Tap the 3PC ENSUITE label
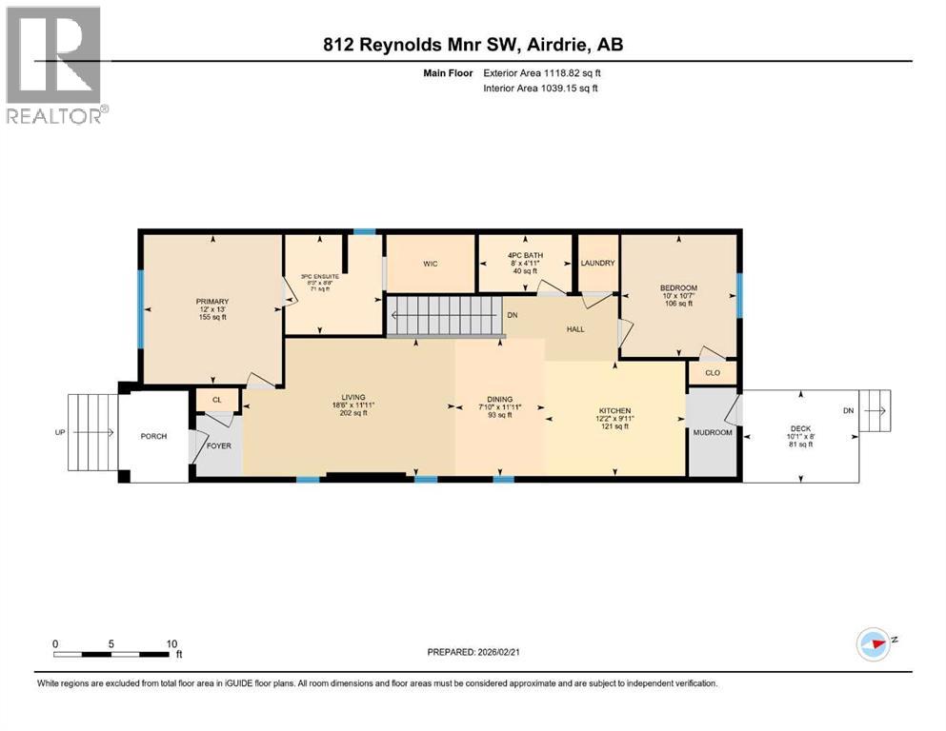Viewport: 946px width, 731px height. point(311,277)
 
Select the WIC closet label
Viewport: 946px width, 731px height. point(430,264)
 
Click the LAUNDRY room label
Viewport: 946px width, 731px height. point(597,264)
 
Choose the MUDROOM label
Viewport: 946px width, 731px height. point(712,432)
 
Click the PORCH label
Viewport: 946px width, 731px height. point(153,436)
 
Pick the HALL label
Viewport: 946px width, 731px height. point(574,329)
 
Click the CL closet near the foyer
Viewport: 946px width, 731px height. point(216,401)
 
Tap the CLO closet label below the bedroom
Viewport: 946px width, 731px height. point(712,373)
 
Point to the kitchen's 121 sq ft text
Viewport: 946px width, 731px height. point(614,426)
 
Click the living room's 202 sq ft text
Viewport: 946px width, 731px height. point(354,414)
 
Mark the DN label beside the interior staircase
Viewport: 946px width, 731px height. point(513,315)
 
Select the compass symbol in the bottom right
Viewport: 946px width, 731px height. point(874,643)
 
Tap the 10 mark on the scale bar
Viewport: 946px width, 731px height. point(172,643)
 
